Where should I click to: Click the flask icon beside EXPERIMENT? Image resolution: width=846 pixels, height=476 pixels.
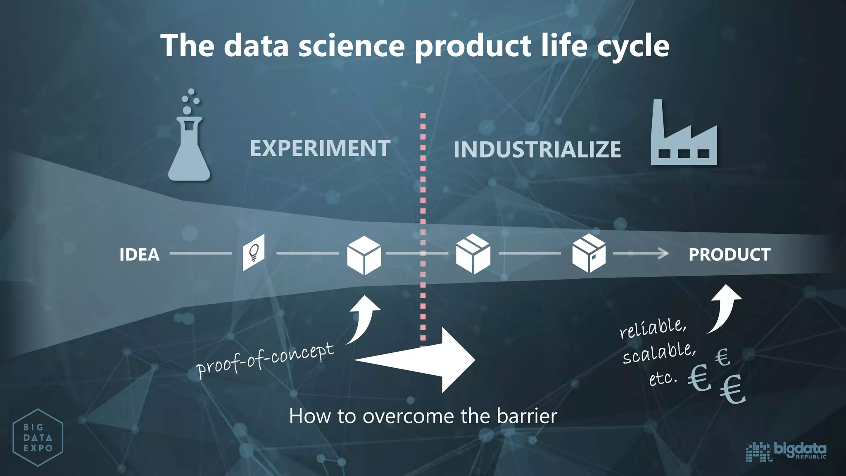[x=189, y=145]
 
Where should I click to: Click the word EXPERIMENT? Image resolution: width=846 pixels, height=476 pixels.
[x=320, y=148]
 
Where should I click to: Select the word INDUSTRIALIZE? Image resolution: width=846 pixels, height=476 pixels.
[x=537, y=150]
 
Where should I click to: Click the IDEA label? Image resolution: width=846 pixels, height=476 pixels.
[x=140, y=255]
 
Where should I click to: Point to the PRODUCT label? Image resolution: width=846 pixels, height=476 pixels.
[x=729, y=255]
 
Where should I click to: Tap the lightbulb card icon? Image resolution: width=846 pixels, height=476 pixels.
[x=254, y=252]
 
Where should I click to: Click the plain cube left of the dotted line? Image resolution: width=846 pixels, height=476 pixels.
[x=364, y=255]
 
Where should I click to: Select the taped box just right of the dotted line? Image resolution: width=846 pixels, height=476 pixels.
[x=473, y=254]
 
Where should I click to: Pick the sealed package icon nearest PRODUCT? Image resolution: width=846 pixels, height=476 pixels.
[x=589, y=253]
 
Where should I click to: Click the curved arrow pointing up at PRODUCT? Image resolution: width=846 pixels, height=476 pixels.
[x=724, y=308]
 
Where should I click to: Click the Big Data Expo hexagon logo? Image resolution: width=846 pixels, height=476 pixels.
[x=38, y=438]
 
